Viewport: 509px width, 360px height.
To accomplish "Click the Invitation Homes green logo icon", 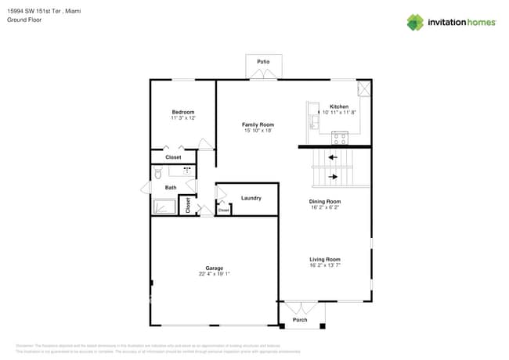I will pos(415,22).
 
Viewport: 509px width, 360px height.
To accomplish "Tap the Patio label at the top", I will pos(263,60).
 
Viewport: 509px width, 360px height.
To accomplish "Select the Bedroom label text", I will pos(182,112).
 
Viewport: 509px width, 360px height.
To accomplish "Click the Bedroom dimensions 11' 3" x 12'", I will pos(182,118).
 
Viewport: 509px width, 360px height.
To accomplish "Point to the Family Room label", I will pos(257,124).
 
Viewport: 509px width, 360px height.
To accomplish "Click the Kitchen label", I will pos(338,106).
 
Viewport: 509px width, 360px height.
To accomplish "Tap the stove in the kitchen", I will pos(340,139).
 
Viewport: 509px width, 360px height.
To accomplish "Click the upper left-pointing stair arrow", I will pos(332,157).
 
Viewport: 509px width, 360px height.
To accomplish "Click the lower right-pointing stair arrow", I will pos(333,177).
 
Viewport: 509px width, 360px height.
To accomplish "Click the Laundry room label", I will pos(251,198).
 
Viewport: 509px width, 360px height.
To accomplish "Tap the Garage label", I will pos(214,268).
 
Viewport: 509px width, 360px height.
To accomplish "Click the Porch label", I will pos(300,320).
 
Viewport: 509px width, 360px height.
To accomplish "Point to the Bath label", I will pos(170,188).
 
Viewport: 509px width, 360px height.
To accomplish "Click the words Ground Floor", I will pos(24,20).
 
